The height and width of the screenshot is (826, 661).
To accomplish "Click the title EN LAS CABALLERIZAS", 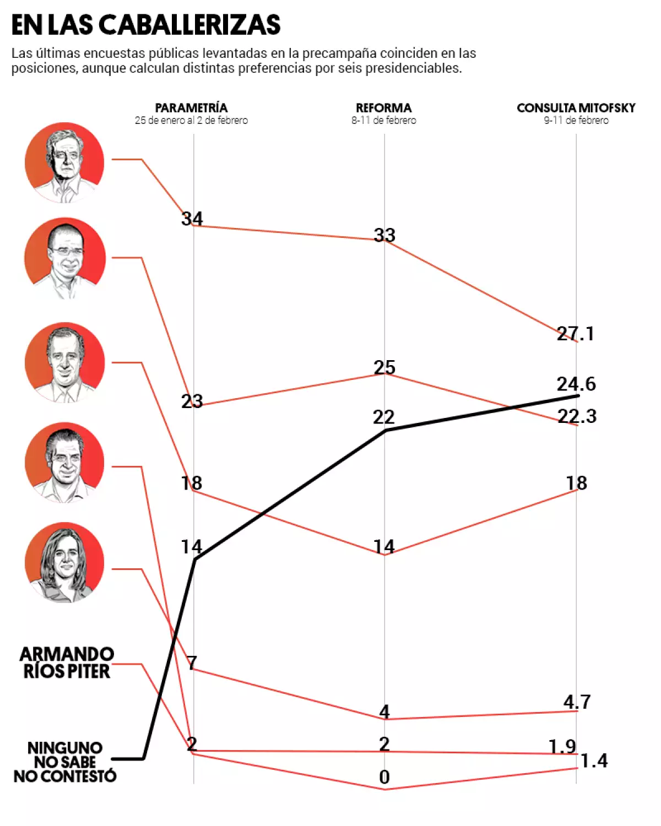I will (146, 25).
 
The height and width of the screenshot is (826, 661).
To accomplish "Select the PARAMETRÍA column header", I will (191, 108).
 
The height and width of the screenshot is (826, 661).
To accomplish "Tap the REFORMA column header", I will (384, 108).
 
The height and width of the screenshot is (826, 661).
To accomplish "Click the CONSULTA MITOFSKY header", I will (576, 108).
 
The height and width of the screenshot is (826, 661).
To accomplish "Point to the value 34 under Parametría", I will (192, 219).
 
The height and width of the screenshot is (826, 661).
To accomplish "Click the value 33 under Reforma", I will (384, 235).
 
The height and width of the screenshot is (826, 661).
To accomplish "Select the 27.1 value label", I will (576, 334).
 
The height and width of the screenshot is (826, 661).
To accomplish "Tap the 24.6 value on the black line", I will (576, 384).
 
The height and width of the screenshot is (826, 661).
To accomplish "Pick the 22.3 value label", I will (577, 416).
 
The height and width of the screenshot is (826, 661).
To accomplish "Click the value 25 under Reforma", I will (384, 367).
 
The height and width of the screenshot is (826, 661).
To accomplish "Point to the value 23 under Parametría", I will (192, 401).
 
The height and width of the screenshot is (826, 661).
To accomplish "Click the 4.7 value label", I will (577, 702).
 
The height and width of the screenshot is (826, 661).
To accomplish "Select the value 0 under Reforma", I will (384, 777).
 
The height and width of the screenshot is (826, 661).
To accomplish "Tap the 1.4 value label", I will (594, 761).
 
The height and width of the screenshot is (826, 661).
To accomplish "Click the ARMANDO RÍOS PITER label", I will (67, 663).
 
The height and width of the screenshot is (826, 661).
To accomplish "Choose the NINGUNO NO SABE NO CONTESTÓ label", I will (65, 762).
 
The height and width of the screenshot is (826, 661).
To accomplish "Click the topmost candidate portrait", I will (64, 162).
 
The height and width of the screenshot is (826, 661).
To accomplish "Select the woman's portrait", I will (64, 562).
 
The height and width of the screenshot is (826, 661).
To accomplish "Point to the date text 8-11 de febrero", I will (384, 121).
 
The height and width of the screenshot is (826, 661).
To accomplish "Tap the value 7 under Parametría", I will (192, 663).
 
